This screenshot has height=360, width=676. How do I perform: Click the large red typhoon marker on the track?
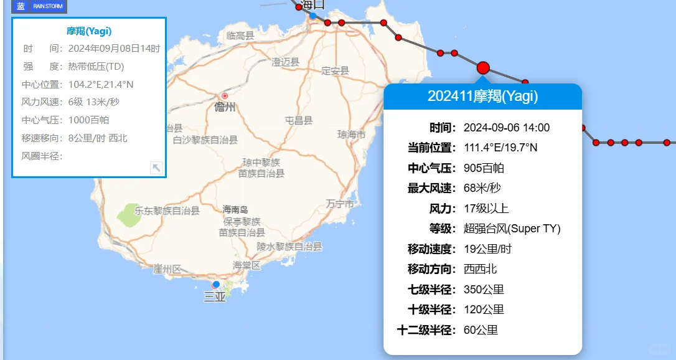pyautogui.click(x=483, y=68)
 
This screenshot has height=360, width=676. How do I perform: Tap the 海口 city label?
pyautogui.click(x=312, y=6)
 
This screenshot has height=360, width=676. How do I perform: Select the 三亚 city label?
pyautogui.click(x=215, y=296)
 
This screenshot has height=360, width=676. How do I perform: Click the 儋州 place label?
pyautogui.click(x=225, y=107)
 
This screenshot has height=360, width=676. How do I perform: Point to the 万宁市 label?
pyautogui.click(x=340, y=204)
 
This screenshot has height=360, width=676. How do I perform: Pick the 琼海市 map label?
pyautogui.click(x=351, y=135)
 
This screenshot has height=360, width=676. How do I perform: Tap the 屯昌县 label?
pyautogui.click(x=299, y=120)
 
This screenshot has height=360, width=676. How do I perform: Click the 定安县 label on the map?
pyautogui.click(x=335, y=71)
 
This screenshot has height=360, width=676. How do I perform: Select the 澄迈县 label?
pyautogui.click(x=286, y=62)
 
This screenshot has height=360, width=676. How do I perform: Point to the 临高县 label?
pyautogui.click(x=240, y=36)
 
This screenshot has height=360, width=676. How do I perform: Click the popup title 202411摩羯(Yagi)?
pyautogui.click(x=482, y=97)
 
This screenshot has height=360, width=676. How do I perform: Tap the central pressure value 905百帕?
pyautogui.click(x=484, y=168)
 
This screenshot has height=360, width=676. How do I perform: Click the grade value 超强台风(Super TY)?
pyautogui.click(x=512, y=229)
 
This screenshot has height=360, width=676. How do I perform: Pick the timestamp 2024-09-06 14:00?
pyautogui.click(x=506, y=128)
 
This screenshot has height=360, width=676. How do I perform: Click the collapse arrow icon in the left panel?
pyautogui.click(x=156, y=168)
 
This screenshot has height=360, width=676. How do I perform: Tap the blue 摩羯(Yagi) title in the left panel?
pyautogui.click(x=89, y=31)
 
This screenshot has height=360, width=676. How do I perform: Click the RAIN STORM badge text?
pyautogui.click(x=48, y=6)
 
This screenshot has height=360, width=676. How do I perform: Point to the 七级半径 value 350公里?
pyautogui.click(x=484, y=290)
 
